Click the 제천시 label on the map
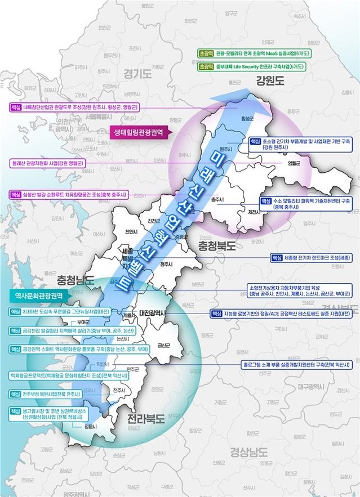pyautogui.click(x=254, y=212)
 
